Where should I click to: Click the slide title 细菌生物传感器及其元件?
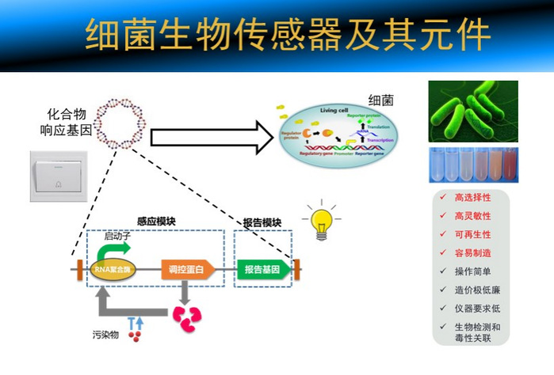pos(277,36)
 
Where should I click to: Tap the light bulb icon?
pos(322,219)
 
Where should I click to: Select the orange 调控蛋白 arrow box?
pos(187,270)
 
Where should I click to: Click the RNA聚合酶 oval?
pos(111,270)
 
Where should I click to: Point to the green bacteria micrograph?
pos(472,111)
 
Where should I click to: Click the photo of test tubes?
pos(472,167)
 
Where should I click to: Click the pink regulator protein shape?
pos(187,317)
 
